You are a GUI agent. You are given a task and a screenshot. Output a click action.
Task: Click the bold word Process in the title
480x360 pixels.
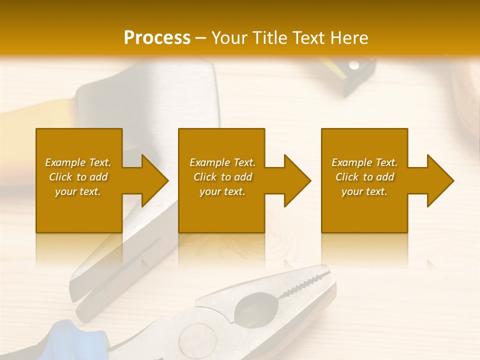(x=157, y=38)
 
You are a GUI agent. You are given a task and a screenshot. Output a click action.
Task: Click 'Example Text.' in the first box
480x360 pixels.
(x=78, y=162)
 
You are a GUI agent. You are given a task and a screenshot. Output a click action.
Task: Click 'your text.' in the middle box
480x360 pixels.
(x=222, y=191)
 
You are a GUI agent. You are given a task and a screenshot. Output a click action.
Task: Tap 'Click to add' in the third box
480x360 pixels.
(x=364, y=177)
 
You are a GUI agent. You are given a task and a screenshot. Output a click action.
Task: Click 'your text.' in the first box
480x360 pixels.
(x=78, y=191)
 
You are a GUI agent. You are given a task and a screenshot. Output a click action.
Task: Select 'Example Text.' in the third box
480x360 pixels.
(x=364, y=162)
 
